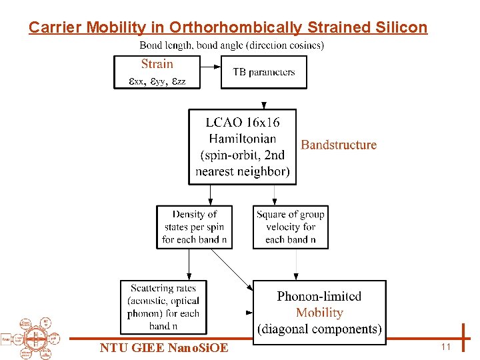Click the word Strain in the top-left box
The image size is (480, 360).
(x=157, y=64)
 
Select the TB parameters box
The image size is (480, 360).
(x=264, y=72)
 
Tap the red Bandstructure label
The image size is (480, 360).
(x=339, y=145)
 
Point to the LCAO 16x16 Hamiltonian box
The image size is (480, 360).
(x=242, y=147)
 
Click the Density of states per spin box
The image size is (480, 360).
(x=194, y=227)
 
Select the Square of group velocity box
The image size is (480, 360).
(x=290, y=227)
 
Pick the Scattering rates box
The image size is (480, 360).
(x=164, y=307)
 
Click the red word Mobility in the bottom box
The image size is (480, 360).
(x=319, y=313)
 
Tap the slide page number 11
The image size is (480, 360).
(x=446, y=347)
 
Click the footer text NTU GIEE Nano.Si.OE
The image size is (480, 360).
(x=164, y=348)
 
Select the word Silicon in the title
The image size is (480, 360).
(x=400, y=27)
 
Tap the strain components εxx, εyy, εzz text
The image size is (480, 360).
(x=157, y=81)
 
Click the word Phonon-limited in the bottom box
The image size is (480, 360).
(x=319, y=297)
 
